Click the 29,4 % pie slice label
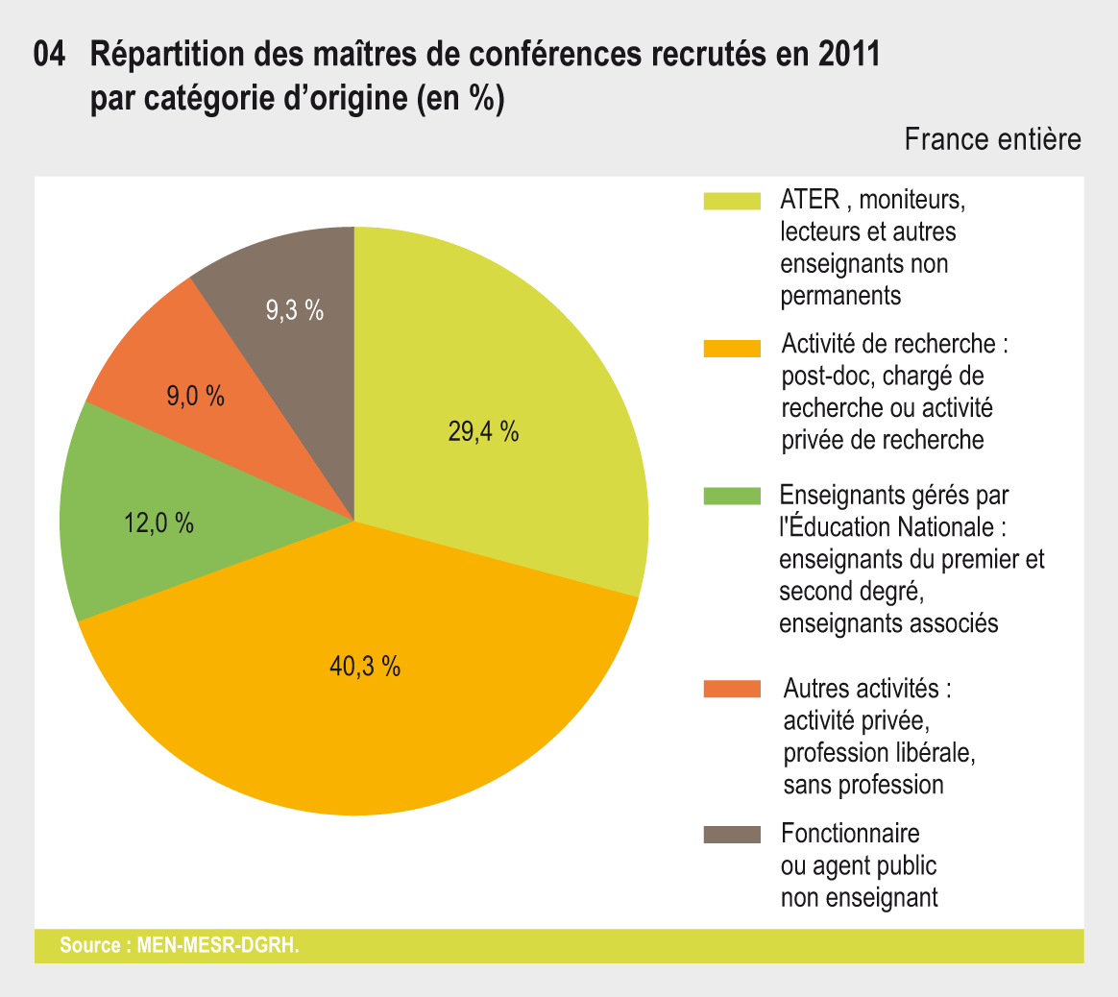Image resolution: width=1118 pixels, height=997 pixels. pos(483,433)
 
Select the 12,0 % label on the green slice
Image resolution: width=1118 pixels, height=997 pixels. pos(159,523)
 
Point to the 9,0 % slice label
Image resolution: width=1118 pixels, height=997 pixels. pos(196,396)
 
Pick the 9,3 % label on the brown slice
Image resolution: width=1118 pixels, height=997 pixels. pos(294,310)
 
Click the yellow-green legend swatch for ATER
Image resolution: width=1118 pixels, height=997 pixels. pos(732,201)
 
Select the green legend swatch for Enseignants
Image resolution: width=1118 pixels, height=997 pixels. pos(732,496)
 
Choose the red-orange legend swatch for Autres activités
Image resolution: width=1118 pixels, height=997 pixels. pos(732,689)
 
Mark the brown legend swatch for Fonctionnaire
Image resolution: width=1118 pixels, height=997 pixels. pos(732,834)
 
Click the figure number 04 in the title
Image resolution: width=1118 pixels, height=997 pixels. pos(50,56)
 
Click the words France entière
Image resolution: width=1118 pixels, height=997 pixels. pos(992,140)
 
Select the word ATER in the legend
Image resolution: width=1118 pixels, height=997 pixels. pos(811,201)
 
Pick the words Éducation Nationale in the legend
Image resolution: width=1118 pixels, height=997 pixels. pos(898,527)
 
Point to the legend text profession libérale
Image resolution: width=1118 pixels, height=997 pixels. pos(880,753)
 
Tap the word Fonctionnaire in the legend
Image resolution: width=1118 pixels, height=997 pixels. pos(850,834)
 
